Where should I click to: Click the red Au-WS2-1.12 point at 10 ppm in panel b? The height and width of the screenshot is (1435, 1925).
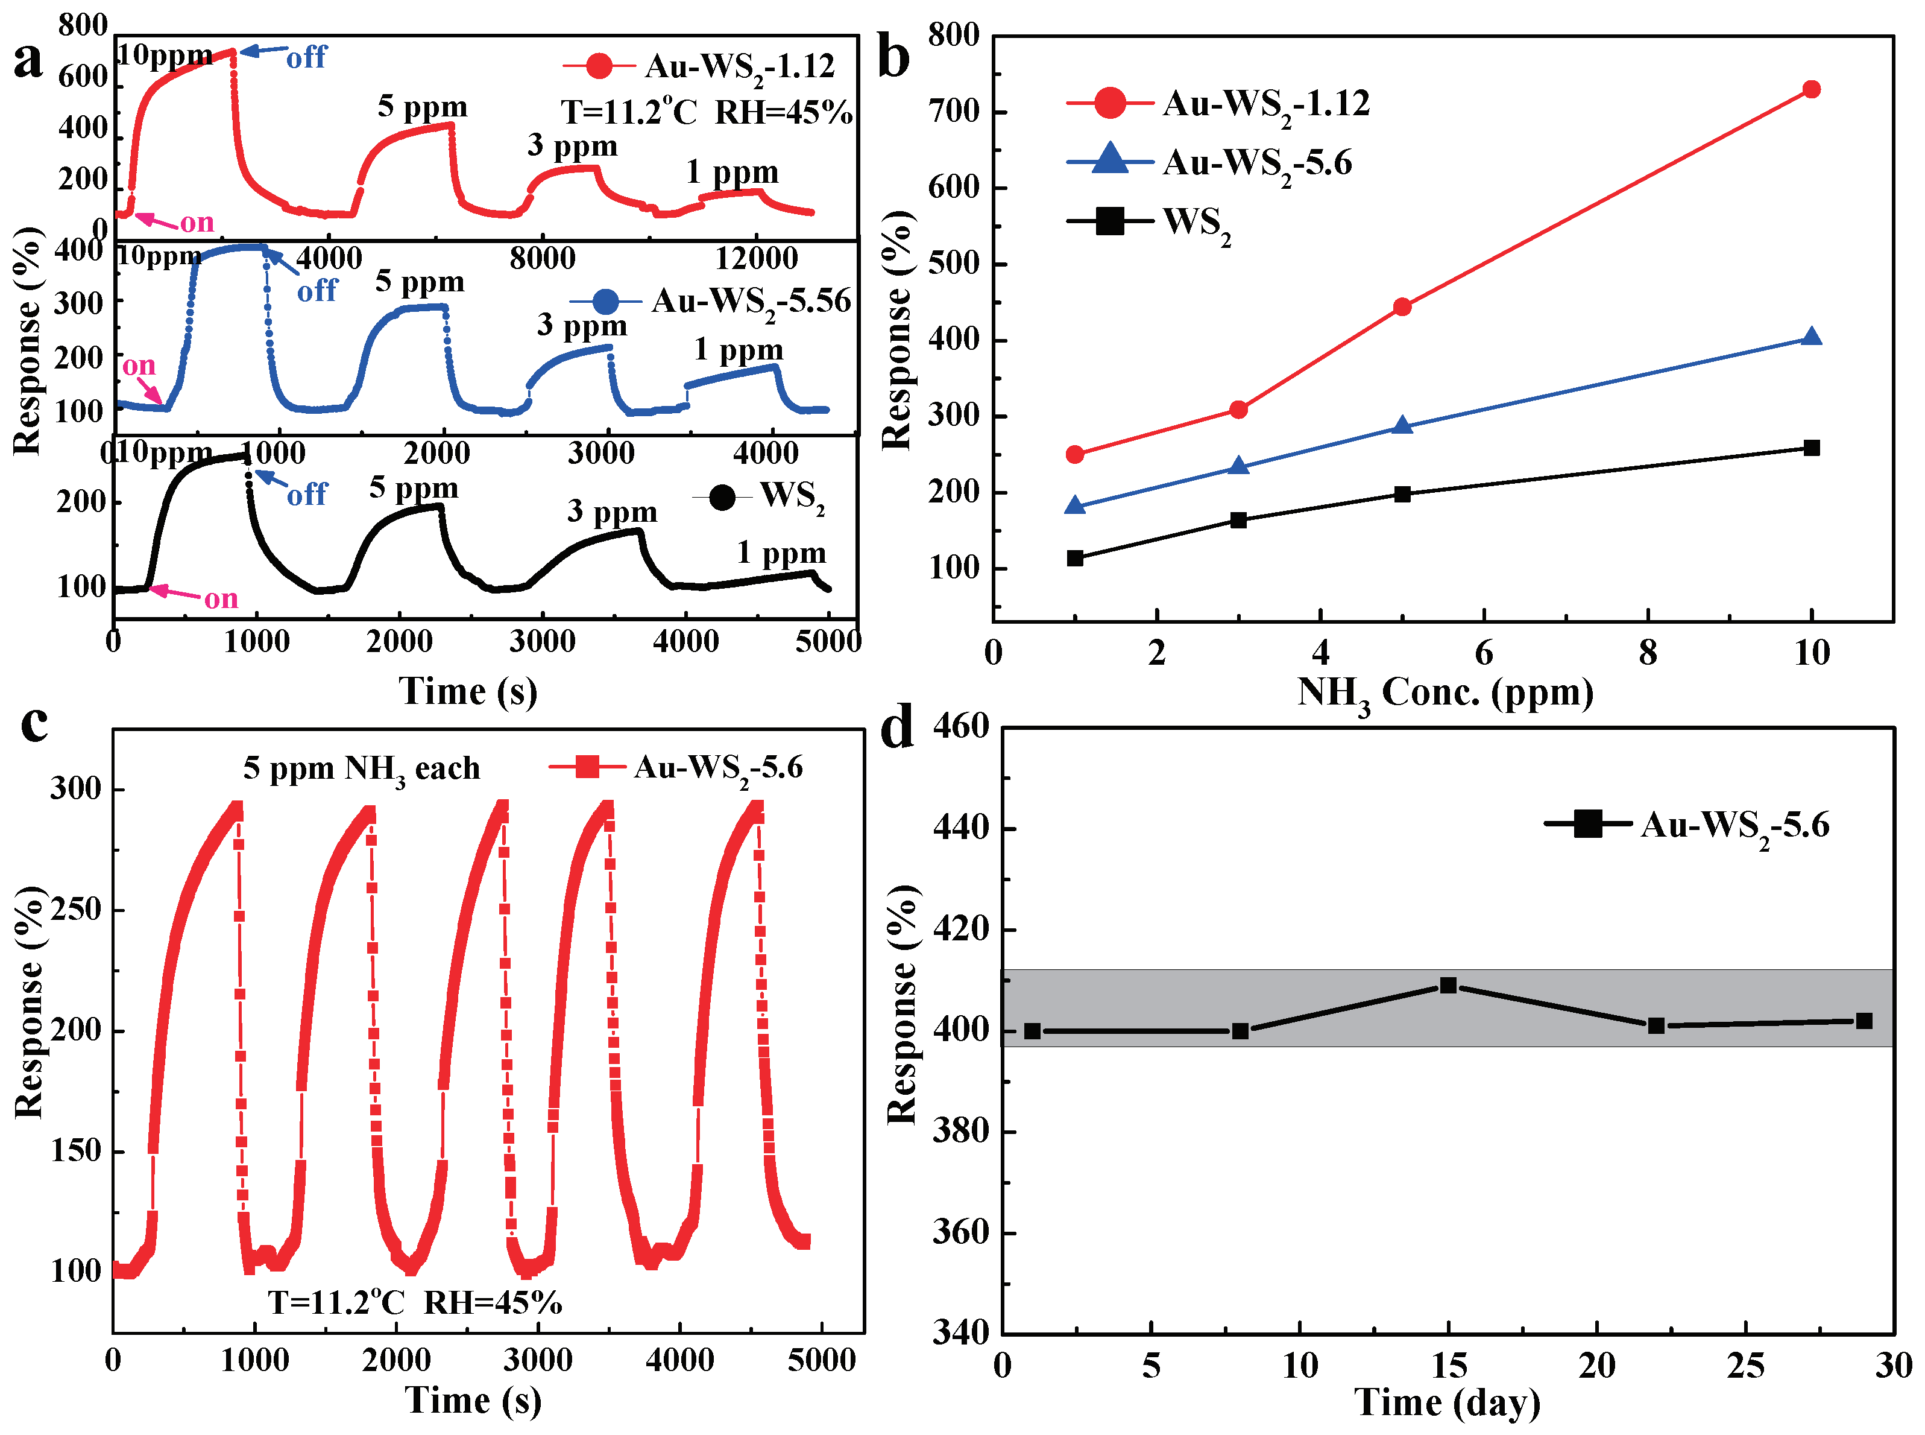point(1810,89)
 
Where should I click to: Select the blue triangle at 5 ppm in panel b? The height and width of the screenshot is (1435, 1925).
point(1402,426)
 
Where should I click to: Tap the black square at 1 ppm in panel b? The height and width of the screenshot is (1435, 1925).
point(1075,558)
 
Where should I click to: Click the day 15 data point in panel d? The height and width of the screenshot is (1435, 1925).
point(1448,985)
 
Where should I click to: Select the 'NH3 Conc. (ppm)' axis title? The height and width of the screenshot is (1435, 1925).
point(1445,695)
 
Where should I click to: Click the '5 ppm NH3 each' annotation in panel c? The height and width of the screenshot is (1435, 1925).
point(361,768)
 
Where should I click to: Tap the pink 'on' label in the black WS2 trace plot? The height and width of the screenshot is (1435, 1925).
point(221,598)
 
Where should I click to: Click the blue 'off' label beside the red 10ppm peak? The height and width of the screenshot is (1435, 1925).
point(306,58)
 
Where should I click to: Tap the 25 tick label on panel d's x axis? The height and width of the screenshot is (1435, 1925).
point(1745,1366)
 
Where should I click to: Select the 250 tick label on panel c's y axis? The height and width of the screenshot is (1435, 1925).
point(75,910)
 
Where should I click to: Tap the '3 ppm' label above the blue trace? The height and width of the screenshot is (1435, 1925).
point(581,326)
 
